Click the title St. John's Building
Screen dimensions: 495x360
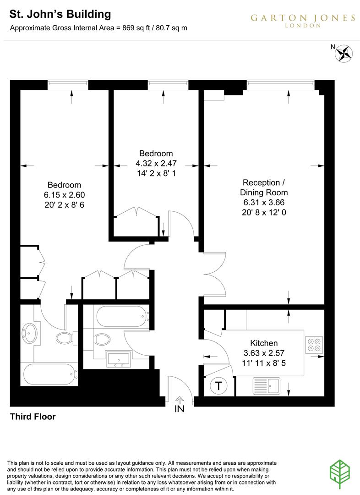click(60, 14)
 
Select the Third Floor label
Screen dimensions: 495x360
click(33, 417)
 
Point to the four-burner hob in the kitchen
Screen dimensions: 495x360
click(314, 344)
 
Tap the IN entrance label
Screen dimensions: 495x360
click(180, 409)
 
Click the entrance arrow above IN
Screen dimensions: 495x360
click(180, 400)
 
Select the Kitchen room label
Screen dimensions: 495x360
click(264, 343)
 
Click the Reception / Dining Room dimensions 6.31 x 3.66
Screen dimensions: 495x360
click(265, 202)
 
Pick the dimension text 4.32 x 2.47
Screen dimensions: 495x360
click(156, 163)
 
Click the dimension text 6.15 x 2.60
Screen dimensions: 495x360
click(65, 194)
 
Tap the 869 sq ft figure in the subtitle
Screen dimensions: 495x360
click(133, 27)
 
